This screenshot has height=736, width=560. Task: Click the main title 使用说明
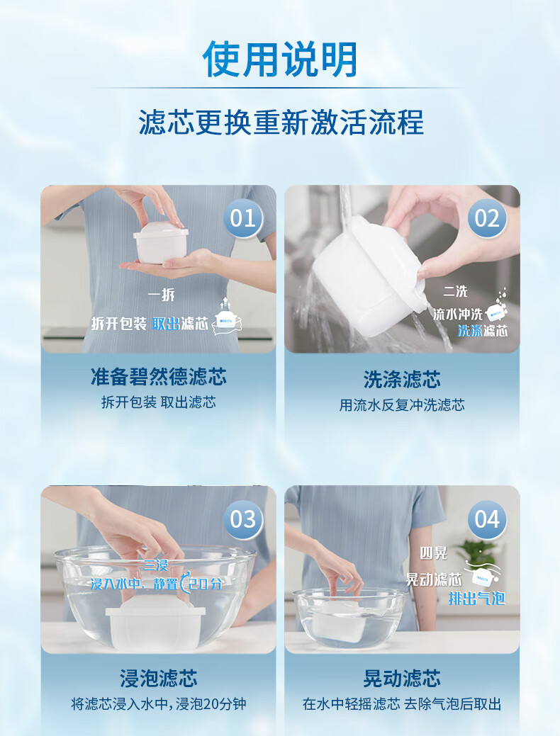[x=280, y=59]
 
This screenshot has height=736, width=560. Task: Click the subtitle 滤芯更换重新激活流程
[x=281, y=123]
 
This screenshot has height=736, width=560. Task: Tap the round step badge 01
[x=243, y=218]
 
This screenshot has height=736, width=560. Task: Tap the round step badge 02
[x=487, y=218]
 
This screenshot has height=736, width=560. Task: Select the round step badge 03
[x=243, y=519]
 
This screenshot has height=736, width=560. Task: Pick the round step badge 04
[x=487, y=519]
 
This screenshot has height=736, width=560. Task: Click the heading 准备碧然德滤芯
[x=159, y=376]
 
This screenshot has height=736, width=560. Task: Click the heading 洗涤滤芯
[x=402, y=379]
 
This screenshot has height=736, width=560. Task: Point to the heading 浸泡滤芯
[x=159, y=678]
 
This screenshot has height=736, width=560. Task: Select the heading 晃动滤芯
[x=402, y=678]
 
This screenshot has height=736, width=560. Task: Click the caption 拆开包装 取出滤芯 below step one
[x=159, y=402]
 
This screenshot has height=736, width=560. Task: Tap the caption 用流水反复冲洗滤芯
[x=402, y=404]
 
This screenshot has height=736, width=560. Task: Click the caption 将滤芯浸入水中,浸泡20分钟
[x=159, y=704]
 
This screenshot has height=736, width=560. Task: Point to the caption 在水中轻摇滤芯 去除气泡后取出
[x=402, y=704]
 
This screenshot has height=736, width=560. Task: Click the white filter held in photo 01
[x=161, y=242]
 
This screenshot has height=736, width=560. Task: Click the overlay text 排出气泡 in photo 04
[x=476, y=599]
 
